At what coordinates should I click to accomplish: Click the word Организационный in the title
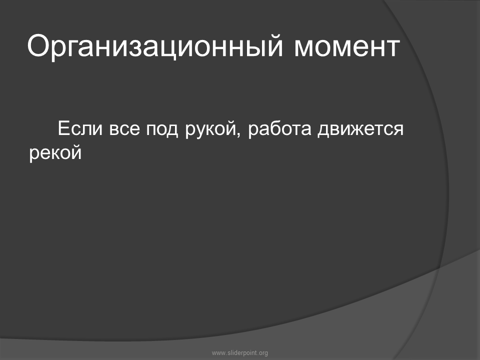point(155,46)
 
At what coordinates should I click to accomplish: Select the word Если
point(80,128)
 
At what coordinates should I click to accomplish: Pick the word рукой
point(210,130)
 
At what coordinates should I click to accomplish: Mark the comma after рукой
point(238,134)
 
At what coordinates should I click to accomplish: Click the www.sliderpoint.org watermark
point(240,353)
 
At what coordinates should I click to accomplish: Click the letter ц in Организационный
point(168,49)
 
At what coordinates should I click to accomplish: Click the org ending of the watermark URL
point(263,353)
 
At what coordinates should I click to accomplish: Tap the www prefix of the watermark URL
point(218,353)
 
